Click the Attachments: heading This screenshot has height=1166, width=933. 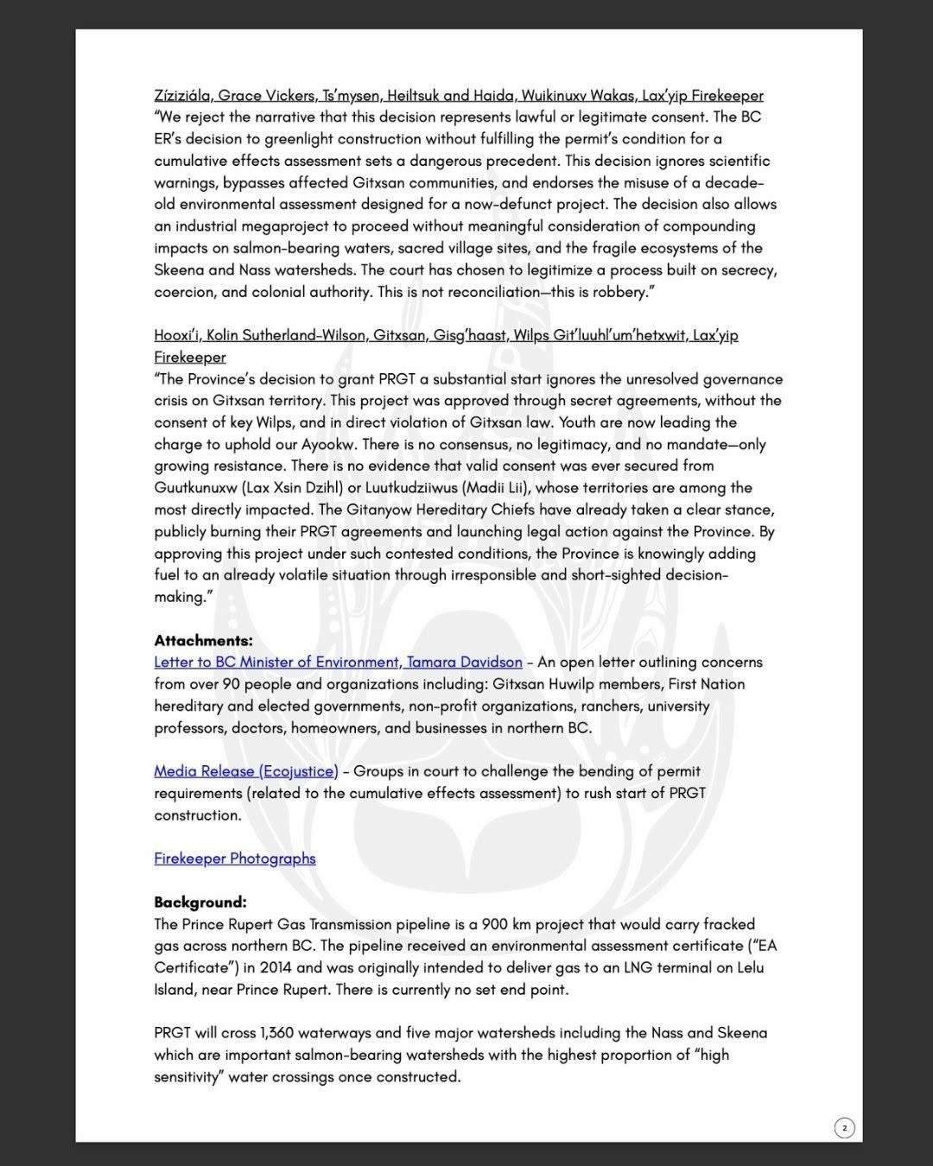click(x=203, y=640)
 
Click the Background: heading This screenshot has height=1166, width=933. click(x=200, y=902)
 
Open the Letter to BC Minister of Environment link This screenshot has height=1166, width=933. click(x=338, y=662)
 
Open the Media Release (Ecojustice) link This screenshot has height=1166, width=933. click(x=246, y=771)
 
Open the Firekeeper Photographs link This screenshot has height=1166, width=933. click(x=235, y=859)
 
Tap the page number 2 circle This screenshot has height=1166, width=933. click(x=844, y=1127)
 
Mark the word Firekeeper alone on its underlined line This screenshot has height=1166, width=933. click(x=190, y=358)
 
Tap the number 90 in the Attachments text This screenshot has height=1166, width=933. click(x=228, y=684)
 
